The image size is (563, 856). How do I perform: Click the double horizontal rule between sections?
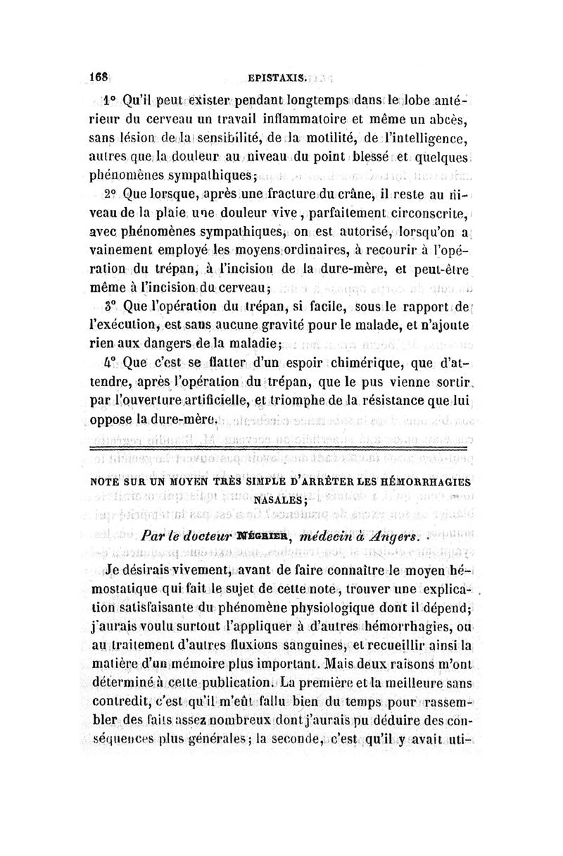click(281, 448)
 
